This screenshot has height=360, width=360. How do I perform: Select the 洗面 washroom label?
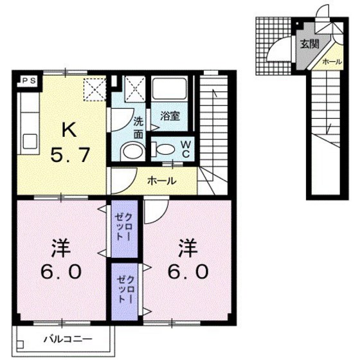click(139, 127)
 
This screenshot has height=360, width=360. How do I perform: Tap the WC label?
click(184, 149)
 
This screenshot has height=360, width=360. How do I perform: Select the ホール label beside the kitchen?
click(163, 181)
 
